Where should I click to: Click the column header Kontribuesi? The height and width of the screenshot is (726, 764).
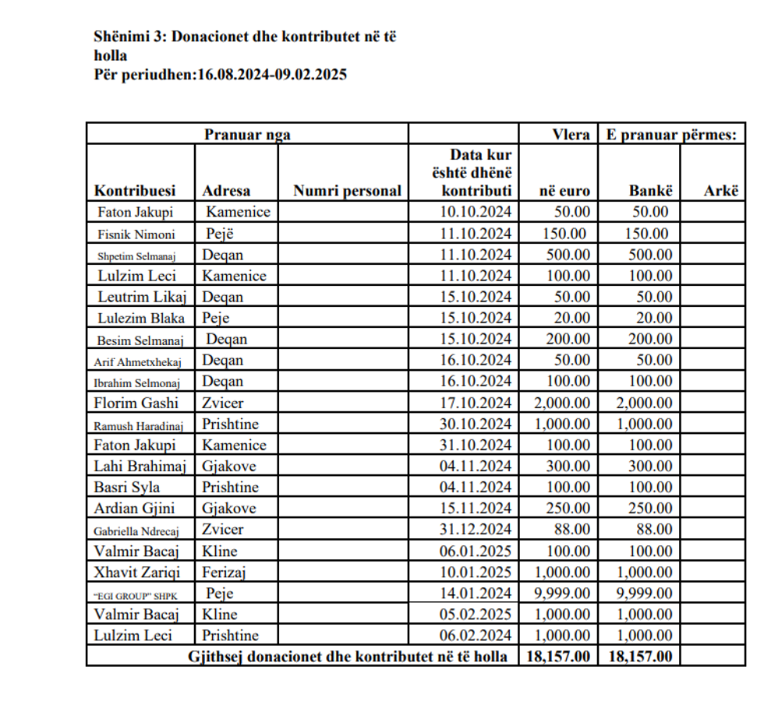pos(135,191)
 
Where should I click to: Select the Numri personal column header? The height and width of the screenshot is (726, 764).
pos(347,191)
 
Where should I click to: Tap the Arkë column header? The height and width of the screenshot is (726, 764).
pos(720,191)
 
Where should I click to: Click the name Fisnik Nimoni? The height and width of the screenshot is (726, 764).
pos(136,234)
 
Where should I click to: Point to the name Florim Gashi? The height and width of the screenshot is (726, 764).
pos(136,403)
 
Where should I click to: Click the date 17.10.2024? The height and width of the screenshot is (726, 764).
pos(476,403)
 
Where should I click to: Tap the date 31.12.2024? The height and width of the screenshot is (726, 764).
pos(476,530)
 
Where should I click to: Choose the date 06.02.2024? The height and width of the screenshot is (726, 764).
pos(476,636)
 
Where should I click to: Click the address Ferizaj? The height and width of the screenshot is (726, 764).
pos(225,573)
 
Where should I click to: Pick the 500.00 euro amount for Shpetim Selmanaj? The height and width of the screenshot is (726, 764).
pos(567,255)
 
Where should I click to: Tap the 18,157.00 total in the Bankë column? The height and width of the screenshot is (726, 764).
pos(639,657)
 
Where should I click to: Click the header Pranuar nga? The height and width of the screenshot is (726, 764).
pos(247,135)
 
